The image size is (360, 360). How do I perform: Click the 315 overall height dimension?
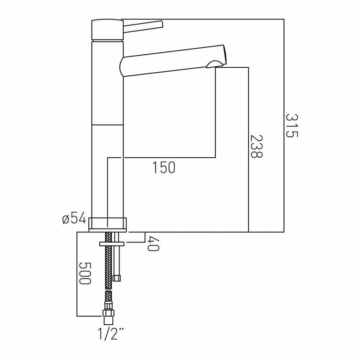pos(292,126)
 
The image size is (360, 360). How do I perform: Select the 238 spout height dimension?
pos(256,147)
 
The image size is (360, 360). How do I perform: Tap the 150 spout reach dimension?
pos(164,168)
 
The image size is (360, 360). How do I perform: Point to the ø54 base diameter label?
pos(74,218)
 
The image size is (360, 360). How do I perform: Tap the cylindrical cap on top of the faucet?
pos(107,30)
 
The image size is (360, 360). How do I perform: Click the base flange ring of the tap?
pos(108,224)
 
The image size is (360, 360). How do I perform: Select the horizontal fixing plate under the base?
pos(112,244)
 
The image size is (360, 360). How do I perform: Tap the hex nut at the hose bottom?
pos(108,312)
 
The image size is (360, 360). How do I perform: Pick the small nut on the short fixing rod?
pos(117,278)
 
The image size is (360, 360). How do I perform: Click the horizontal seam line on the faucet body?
pos(108,125)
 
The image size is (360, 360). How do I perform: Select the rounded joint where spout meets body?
pos(122,67)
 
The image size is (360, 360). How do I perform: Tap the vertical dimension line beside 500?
pos(77,274)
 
